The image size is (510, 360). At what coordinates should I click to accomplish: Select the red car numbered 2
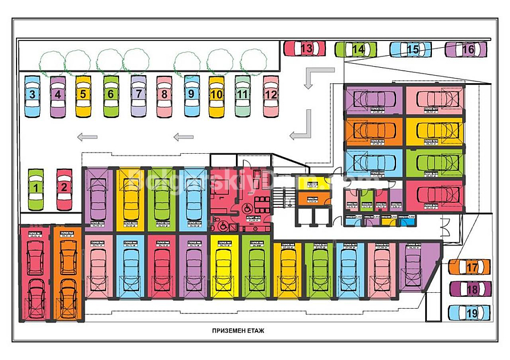64,188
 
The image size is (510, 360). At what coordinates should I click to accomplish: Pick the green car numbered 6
111,96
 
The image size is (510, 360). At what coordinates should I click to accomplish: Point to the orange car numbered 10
217,96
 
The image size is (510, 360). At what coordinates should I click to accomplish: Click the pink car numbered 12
271,95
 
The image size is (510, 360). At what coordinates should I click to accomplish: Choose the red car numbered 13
305,49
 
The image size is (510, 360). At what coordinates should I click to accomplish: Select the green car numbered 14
356,50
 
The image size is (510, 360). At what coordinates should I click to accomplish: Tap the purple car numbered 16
466,50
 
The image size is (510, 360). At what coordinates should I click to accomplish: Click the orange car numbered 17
470,267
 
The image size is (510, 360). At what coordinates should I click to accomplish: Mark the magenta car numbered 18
470,289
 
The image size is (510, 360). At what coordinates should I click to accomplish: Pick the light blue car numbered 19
470,313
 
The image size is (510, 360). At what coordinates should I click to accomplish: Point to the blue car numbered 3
33,96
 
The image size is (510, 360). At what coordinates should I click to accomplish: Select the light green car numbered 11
243,95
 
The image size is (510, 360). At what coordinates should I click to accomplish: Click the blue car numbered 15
411,50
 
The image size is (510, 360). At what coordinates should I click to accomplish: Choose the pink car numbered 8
164,96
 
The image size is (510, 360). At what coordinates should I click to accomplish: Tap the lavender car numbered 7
138,96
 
